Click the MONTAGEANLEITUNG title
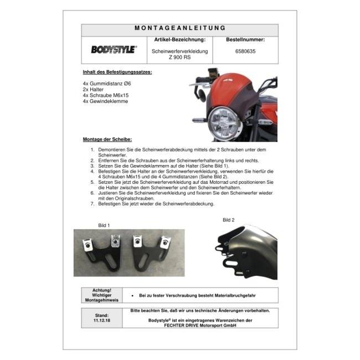point(180,28)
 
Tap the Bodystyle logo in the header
point(114,49)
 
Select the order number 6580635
point(245,52)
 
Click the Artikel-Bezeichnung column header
point(180,40)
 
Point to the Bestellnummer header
point(245,40)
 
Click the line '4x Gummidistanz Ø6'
point(107,84)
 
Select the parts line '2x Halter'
point(93,90)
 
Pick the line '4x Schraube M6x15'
point(106,95)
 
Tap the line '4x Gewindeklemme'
point(105,101)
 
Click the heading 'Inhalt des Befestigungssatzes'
point(117,72)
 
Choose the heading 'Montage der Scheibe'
point(107,140)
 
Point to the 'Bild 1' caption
point(104,225)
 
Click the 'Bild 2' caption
point(228,220)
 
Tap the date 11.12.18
point(102,321)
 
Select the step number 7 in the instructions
point(92,204)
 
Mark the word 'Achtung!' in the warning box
point(102,290)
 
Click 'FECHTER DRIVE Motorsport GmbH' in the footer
point(200,325)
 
